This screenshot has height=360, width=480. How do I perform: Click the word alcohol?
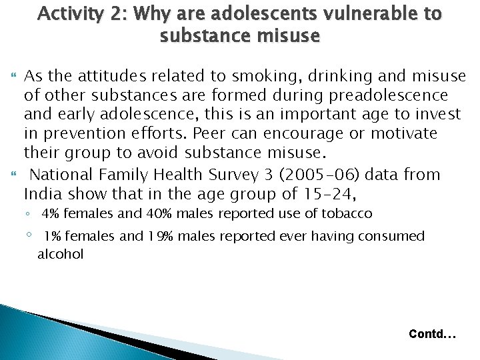(x=60, y=255)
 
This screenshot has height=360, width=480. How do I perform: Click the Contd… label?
(x=432, y=333)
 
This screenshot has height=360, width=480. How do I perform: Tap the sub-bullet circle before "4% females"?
(x=29, y=214)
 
